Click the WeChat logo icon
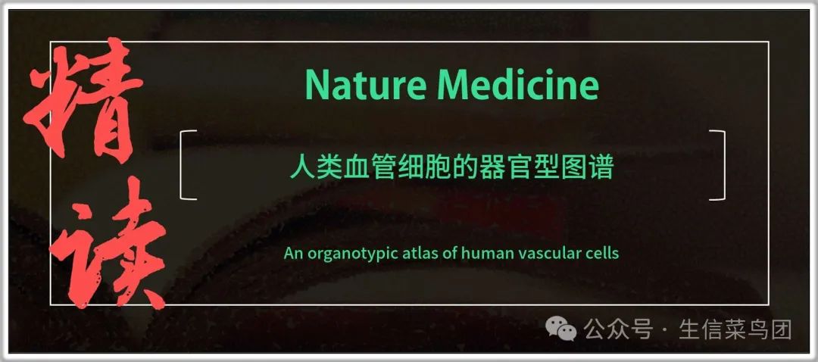pos(560,329)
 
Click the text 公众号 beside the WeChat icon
pos(618,329)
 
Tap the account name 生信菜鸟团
pos(735,329)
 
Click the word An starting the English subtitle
pos(294,254)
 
